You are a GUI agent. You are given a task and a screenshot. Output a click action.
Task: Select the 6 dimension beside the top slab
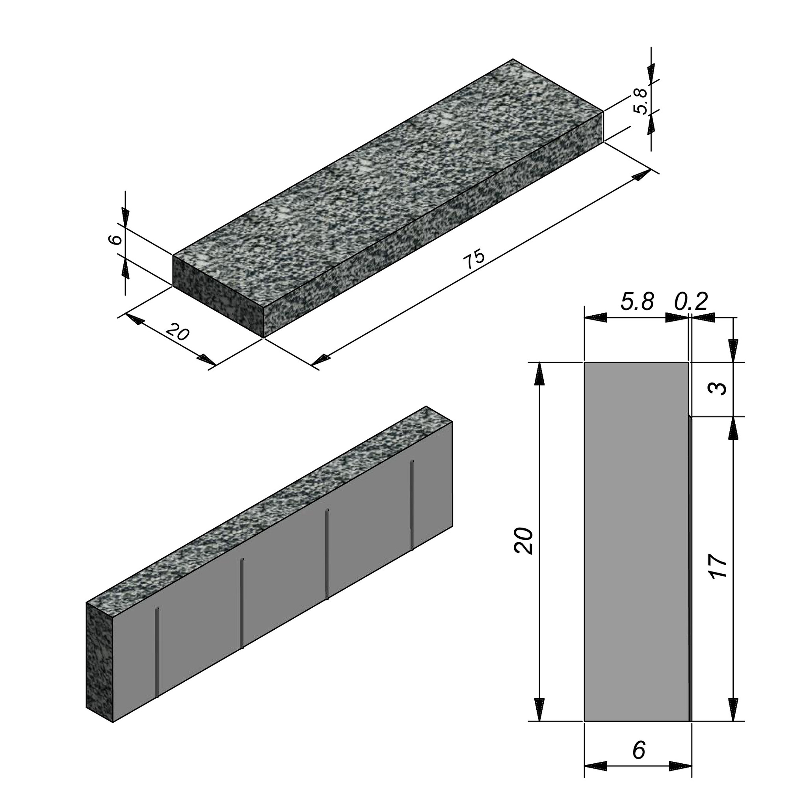click(117, 239)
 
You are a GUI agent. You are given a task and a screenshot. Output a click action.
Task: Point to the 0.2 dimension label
click(692, 301)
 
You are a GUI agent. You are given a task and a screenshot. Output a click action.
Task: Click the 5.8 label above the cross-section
click(637, 301)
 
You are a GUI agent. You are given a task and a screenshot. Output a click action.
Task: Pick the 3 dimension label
click(718, 389)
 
